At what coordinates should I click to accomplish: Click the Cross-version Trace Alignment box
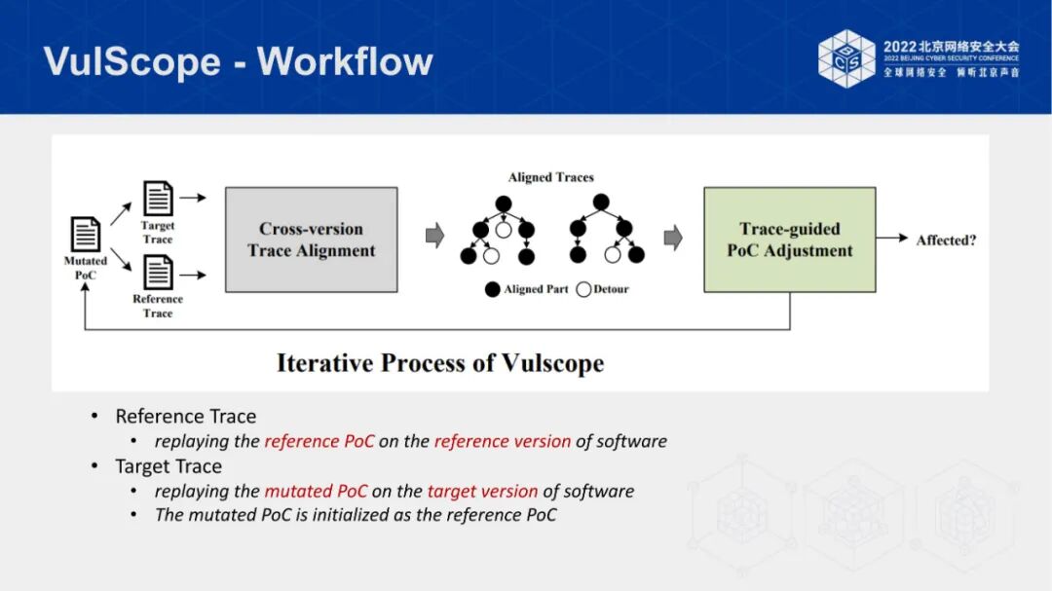[x=312, y=240]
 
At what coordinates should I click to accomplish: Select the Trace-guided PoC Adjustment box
[x=789, y=240]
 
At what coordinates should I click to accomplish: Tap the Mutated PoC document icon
[x=86, y=235]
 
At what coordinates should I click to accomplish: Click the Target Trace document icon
[x=158, y=199]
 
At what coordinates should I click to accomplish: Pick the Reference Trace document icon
[x=158, y=272]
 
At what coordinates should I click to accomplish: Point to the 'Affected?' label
[x=946, y=240]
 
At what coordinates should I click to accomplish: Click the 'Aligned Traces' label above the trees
[x=550, y=177]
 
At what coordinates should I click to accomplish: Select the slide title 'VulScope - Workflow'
[x=238, y=61]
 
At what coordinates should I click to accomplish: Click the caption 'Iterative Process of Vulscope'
[x=440, y=363]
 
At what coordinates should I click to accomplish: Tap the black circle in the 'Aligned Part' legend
[x=493, y=289]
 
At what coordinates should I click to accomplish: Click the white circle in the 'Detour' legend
[x=583, y=289]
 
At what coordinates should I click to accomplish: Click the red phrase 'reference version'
[x=503, y=441]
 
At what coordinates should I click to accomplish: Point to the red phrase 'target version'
[x=482, y=491]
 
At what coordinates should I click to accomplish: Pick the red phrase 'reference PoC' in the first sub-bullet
[x=319, y=441]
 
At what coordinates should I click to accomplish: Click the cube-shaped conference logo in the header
[x=846, y=58]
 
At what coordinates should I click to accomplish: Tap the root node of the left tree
[x=504, y=203]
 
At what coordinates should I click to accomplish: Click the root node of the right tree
[x=601, y=203]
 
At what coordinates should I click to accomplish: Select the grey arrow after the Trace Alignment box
[x=435, y=236]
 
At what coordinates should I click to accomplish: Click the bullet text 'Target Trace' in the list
[x=169, y=466]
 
